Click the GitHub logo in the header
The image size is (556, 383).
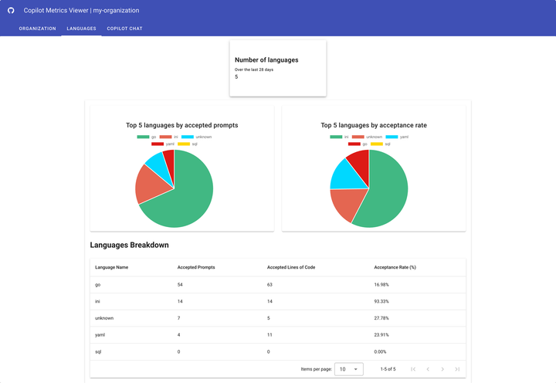click(x=11, y=11)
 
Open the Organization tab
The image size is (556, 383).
click(x=37, y=29)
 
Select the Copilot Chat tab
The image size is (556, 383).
click(x=124, y=29)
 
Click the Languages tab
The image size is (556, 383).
click(x=81, y=29)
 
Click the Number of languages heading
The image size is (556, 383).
click(x=266, y=59)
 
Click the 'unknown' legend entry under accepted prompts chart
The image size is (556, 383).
click(x=198, y=137)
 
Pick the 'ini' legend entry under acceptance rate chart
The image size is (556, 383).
click(x=340, y=137)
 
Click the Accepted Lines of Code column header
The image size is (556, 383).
click(x=291, y=267)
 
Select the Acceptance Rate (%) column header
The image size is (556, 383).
click(x=395, y=267)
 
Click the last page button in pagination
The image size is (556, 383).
click(x=457, y=369)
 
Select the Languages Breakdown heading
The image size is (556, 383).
click(x=129, y=245)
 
